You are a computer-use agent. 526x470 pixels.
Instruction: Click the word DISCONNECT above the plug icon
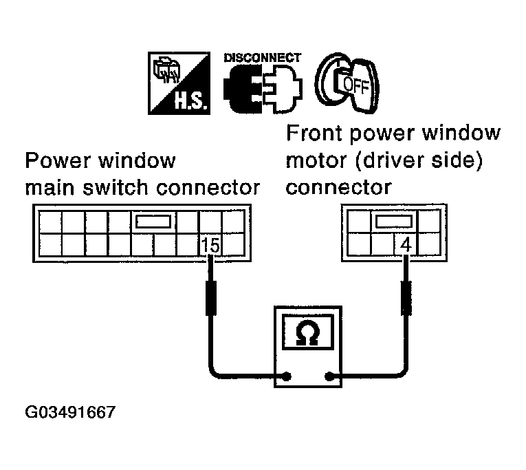click(263, 58)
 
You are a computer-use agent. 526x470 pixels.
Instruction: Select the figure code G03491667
click(69, 414)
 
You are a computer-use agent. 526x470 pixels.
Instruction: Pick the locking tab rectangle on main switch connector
click(155, 222)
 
